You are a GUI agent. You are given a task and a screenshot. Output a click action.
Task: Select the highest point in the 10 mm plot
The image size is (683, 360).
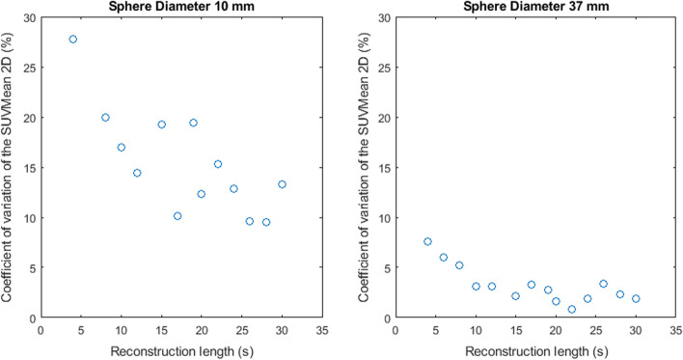[x=73, y=40]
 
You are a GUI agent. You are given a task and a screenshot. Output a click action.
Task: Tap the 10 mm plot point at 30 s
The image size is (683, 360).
[x=282, y=184]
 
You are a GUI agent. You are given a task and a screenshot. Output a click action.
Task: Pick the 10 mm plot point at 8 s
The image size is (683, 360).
[x=105, y=118]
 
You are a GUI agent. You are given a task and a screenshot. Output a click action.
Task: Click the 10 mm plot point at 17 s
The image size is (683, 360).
[x=178, y=216]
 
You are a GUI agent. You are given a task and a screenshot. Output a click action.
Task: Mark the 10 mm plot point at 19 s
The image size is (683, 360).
[x=193, y=123]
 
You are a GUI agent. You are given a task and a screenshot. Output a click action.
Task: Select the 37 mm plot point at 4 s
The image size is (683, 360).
[x=427, y=241]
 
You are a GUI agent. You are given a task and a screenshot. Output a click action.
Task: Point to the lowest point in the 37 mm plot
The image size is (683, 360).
[x=572, y=310]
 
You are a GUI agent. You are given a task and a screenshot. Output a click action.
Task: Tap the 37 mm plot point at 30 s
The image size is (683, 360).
[x=636, y=299]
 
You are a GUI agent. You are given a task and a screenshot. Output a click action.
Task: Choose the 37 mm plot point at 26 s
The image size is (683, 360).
[x=604, y=284]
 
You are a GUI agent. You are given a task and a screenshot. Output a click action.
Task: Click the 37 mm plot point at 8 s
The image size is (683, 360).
[x=459, y=265]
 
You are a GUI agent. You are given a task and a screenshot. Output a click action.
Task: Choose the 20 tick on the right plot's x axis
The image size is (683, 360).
[x=556, y=330]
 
